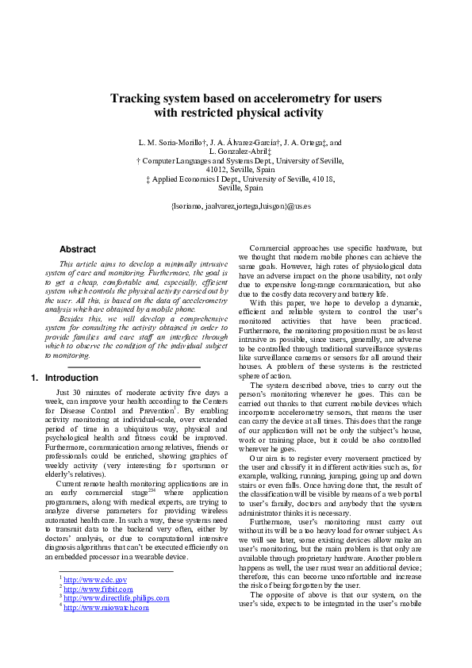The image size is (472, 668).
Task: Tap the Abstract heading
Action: [78, 249]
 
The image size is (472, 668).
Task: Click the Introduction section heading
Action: [71, 378]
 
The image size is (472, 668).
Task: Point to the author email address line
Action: [240, 206]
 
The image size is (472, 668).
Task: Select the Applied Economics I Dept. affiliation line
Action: [240, 179]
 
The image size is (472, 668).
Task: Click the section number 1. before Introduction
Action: [34, 378]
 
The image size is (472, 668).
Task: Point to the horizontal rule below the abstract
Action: [134, 367]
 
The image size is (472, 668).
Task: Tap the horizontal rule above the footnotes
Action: [116, 571]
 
